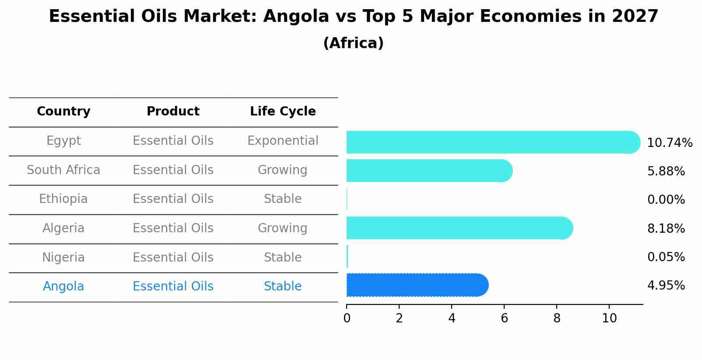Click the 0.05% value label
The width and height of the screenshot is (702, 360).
[x=666, y=257]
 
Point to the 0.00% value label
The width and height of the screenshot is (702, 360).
[x=666, y=200]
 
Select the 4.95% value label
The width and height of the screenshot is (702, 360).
[x=666, y=286]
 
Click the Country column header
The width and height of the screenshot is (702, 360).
[x=63, y=112]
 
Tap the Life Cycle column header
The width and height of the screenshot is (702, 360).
[x=283, y=112]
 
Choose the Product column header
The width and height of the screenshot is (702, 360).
[x=173, y=112]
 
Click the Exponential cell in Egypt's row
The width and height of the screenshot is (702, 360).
[x=283, y=141]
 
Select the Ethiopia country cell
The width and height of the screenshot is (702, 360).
[x=63, y=199]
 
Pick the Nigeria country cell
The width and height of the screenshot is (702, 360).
[x=63, y=258]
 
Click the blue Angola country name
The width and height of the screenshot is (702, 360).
[x=63, y=287]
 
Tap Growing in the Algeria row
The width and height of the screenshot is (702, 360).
[x=283, y=228]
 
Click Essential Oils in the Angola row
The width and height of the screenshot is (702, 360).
[x=173, y=287]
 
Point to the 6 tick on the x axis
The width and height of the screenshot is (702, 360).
[x=504, y=318]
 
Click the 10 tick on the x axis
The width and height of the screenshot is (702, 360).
[x=609, y=318]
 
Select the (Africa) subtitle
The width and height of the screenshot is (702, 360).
[x=353, y=43]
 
